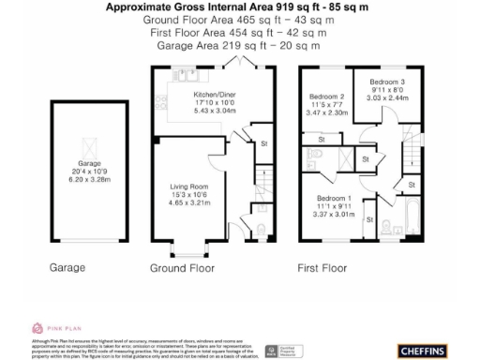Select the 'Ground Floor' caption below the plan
coord(183,268)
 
